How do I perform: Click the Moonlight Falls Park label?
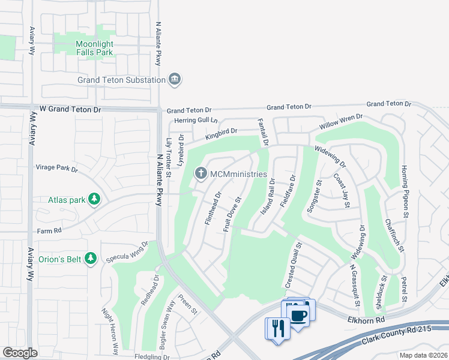(95, 48)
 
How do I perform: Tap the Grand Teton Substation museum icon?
(175, 79)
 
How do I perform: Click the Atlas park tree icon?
(94, 199)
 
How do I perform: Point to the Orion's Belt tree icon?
(90, 259)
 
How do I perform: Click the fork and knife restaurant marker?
(277, 328)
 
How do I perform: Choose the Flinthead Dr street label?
(213, 208)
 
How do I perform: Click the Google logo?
(20, 353)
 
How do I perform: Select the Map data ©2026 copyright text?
(423, 355)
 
